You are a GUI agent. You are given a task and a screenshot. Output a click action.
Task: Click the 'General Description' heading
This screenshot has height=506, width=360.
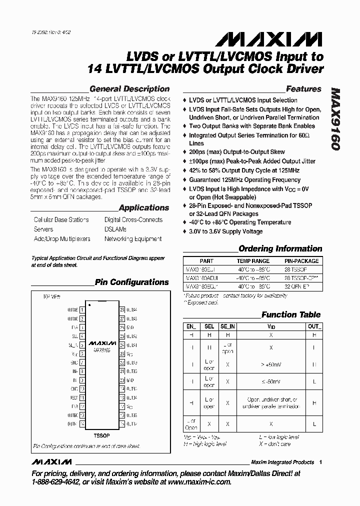(129, 89)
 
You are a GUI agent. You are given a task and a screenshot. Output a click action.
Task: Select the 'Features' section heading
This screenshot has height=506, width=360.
(303, 89)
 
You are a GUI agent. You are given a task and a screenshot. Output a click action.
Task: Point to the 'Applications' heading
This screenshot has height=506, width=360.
(144, 207)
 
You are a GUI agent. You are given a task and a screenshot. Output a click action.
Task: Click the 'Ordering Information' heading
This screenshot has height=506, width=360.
(280, 248)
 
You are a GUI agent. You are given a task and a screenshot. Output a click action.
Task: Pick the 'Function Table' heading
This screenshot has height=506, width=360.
(291, 314)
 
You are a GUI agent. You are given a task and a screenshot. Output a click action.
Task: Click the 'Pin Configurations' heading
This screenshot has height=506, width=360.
(131, 282)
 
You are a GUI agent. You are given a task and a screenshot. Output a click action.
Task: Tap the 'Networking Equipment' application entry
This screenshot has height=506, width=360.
(132, 239)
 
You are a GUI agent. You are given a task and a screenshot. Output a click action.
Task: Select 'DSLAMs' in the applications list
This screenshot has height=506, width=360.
(115, 229)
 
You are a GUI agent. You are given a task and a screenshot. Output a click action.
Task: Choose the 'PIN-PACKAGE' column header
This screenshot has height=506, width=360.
(301, 261)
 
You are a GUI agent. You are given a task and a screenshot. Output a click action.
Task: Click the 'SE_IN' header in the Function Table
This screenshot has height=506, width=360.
(227, 326)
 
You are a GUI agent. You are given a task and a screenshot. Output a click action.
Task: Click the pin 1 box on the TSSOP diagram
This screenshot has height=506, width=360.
(81, 310)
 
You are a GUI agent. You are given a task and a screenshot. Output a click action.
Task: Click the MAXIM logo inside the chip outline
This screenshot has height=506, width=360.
(102, 344)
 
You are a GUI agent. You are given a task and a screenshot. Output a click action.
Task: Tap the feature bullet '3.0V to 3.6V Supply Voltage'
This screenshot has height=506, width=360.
(225, 231)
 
